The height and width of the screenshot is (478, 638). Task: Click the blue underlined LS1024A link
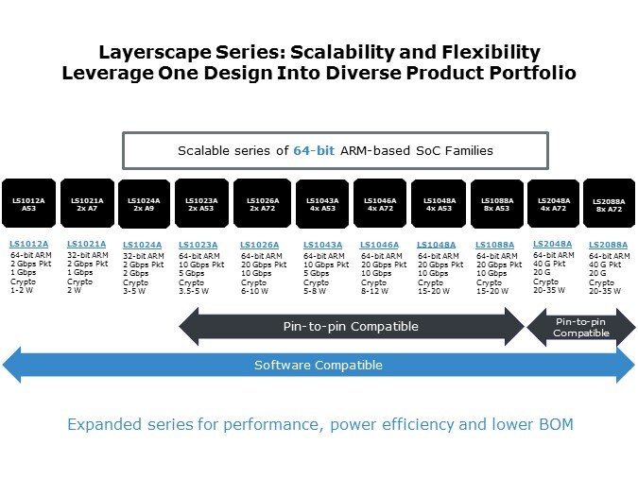point(142,245)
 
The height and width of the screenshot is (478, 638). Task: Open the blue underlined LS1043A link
point(322,245)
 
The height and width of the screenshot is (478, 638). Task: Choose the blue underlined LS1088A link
point(495,245)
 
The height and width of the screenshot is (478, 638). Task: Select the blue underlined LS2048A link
point(553,243)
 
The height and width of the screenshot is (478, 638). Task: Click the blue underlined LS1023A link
point(198,245)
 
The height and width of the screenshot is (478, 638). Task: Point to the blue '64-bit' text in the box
point(314,150)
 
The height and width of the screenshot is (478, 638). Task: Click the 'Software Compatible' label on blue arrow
point(319,365)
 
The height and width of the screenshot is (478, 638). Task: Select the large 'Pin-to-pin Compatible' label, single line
point(351,327)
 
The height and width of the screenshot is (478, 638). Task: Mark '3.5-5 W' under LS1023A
point(197,291)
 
